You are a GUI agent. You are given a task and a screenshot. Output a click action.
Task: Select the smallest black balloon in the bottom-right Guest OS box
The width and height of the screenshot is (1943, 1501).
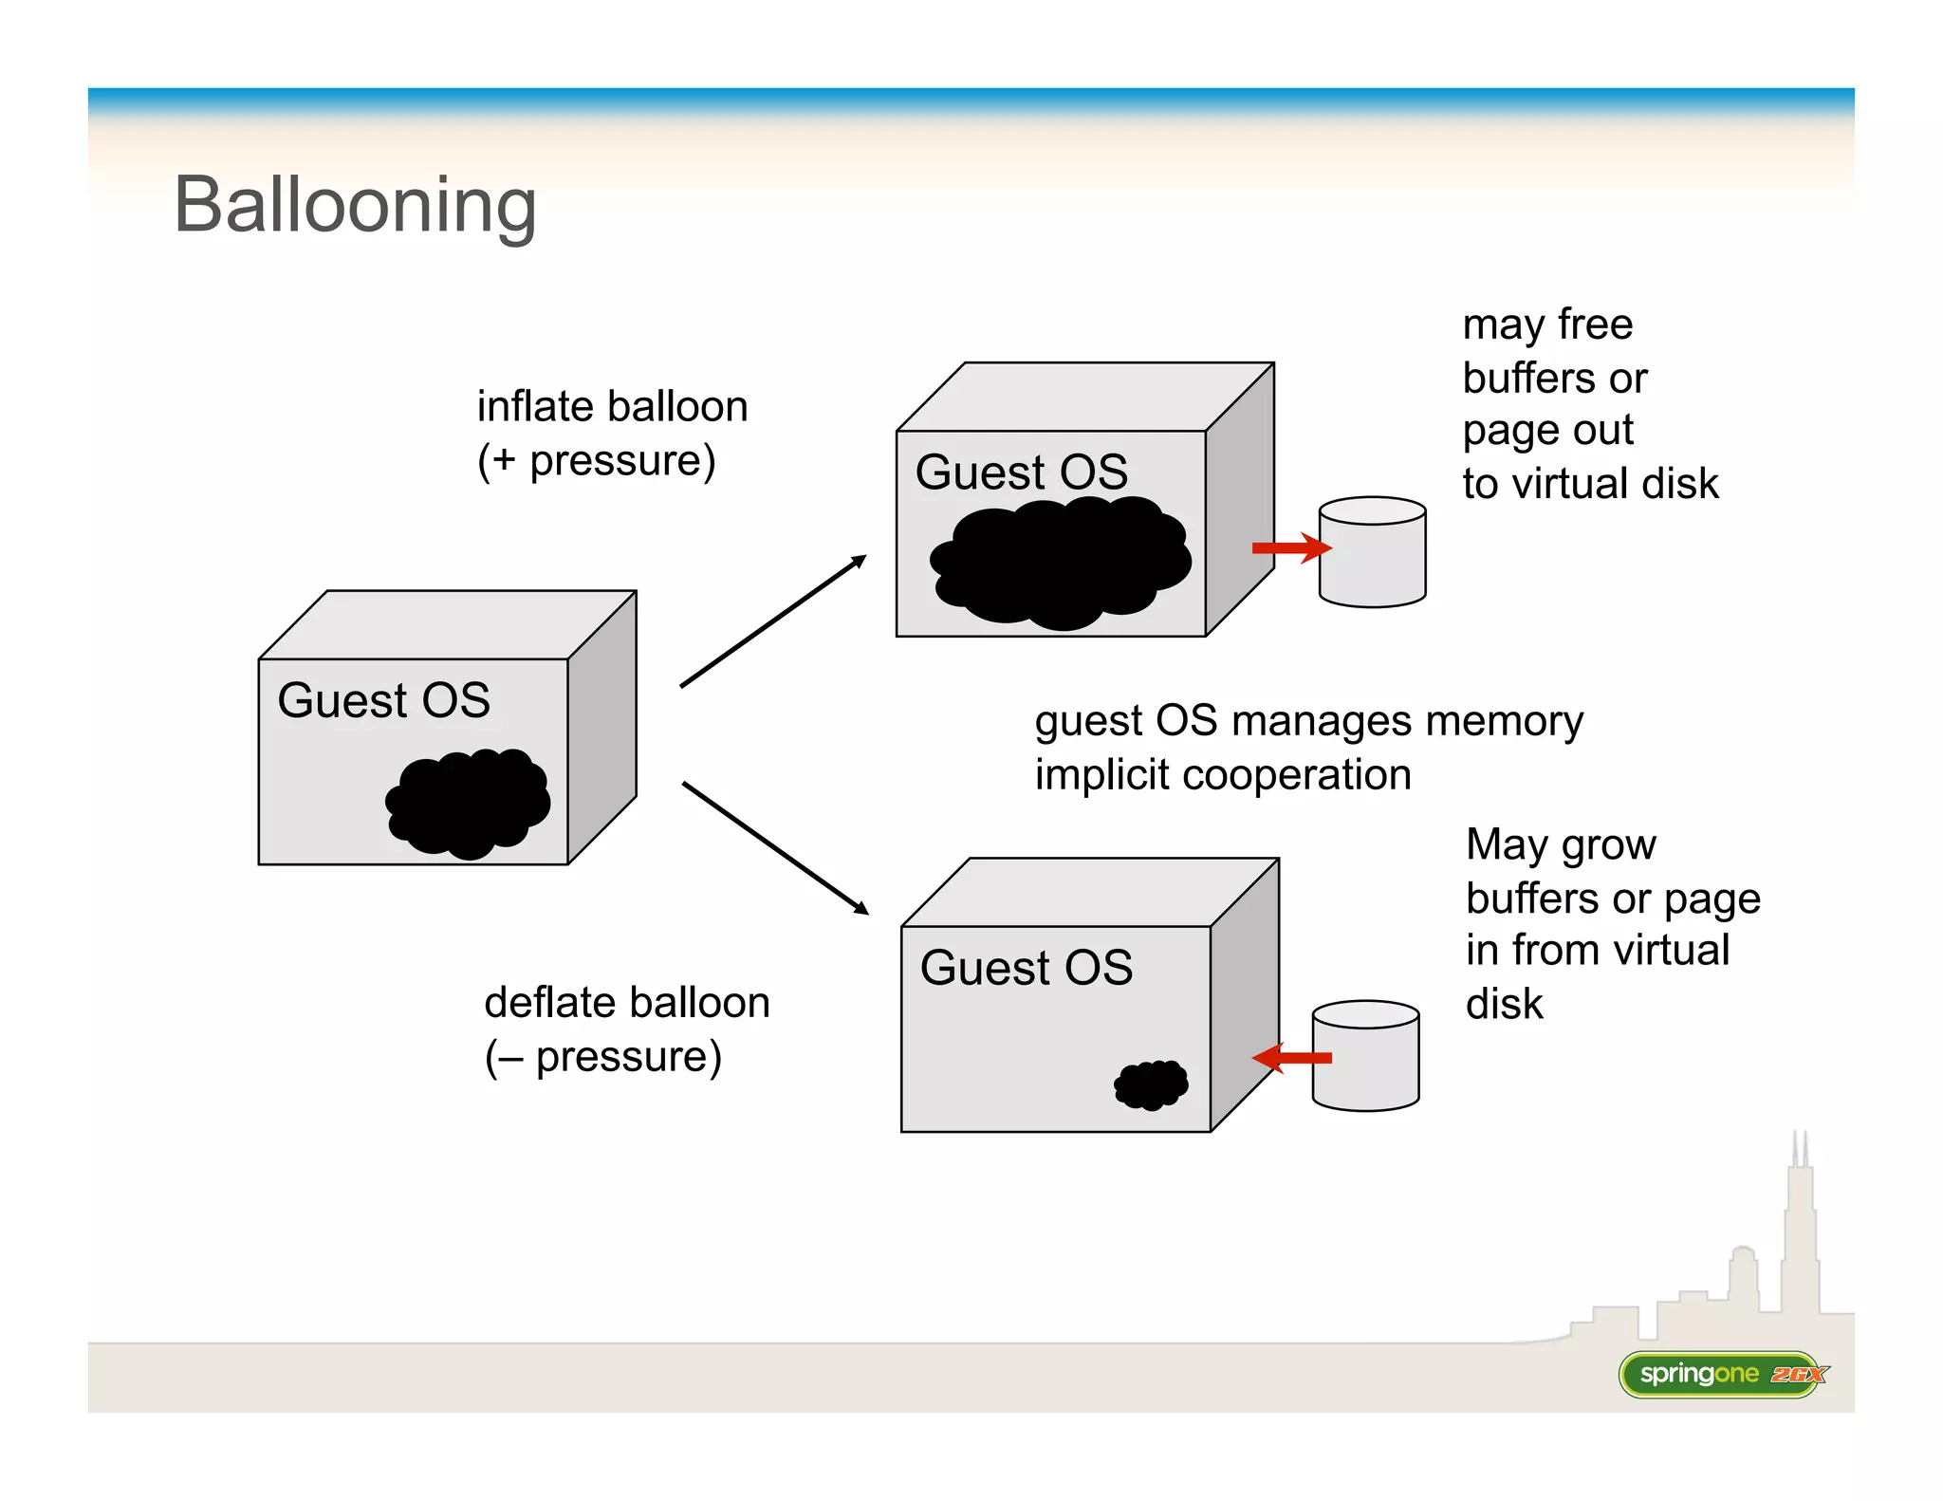[x=1151, y=1084]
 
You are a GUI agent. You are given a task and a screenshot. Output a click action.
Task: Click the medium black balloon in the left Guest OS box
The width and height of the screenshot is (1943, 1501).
[x=469, y=803]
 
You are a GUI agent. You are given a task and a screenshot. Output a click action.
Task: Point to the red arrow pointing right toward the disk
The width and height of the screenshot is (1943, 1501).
[x=1290, y=547]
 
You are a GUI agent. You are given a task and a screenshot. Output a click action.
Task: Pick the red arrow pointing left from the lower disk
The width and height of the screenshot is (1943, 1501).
[x=1292, y=1057]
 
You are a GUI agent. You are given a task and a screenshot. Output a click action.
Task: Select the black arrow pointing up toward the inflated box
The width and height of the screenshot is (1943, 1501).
[x=773, y=621]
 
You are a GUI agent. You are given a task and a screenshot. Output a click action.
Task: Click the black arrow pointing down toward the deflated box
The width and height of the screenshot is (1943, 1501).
[x=775, y=847]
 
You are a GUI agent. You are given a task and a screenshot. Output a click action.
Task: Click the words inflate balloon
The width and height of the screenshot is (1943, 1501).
[x=612, y=406]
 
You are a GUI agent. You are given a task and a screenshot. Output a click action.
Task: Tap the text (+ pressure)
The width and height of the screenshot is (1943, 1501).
[x=596, y=461]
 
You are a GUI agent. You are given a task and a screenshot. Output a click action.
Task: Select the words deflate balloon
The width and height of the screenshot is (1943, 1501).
[x=626, y=1003]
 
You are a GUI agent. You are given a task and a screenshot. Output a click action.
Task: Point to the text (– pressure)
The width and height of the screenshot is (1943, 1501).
[x=603, y=1057]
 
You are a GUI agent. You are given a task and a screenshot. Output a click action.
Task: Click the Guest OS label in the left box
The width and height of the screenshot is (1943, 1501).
[x=383, y=700]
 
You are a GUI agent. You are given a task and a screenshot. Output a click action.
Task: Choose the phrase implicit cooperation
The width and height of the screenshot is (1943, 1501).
[x=1222, y=775]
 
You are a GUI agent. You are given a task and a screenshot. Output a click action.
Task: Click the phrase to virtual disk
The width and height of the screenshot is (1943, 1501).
[x=1590, y=484]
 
